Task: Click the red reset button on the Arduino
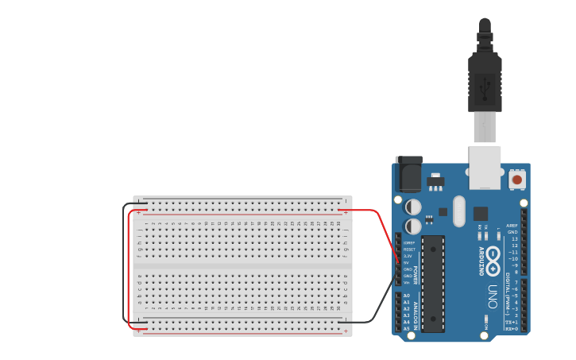pyautogui.click(x=517, y=180)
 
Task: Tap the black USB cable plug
pyautogui.click(x=485, y=79)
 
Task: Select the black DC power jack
pyautogui.click(x=408, y=174)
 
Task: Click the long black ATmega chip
pyautogui.click(x=433, y=282)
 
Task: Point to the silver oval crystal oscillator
pyautogui.click(x=458, y=211)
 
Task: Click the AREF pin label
pyautogui.click(x=512, y=226)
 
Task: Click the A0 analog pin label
pyautogui.click(x=407, y=296)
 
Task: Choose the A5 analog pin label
pyautogui.click(x=407, y=328)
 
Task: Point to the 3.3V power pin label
pyautogui.click(x=408, y=256)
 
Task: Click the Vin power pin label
pyautogui.click(x=407, y=282)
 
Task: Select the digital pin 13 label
pyautogui.click(x=513, y=238)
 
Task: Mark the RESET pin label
pyautogui.click(x=408, y=250)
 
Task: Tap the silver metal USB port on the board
pyautogui.click(x=485, y=167)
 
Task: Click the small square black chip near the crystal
pyautogui.click(x=481, y=213)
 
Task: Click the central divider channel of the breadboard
pyautogui.click(x=242, y=266)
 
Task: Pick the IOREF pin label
pyautogui.click(x=408, y=242)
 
